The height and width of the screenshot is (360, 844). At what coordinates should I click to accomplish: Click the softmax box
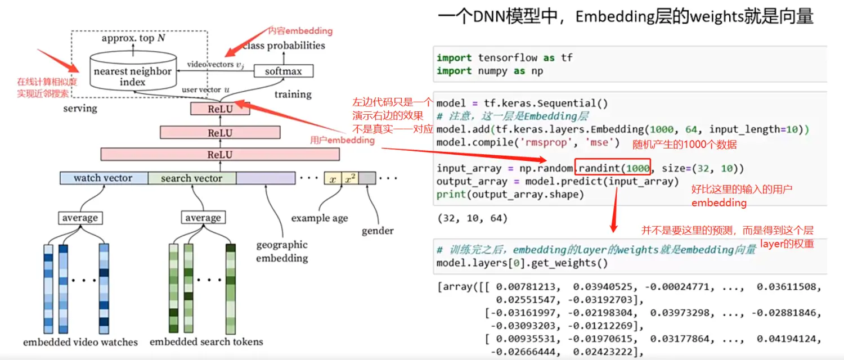(x=283, y=71)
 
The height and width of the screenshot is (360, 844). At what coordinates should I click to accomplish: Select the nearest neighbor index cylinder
(x=132, y=73)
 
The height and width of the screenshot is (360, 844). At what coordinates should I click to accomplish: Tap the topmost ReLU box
(x=219, y=109)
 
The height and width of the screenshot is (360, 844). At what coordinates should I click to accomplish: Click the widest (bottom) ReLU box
(x=220, y=154)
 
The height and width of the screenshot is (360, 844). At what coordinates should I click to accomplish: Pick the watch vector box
(x=104, y=178)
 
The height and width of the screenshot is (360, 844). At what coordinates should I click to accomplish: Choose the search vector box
(x=191, y=178)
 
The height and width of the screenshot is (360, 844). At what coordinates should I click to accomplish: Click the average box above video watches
(x=80, y=218)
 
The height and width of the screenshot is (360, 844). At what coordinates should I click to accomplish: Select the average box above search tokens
(x=203, y=218)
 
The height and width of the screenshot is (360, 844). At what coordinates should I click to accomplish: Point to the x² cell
(x=350, y=178)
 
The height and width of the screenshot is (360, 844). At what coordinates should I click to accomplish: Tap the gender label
(x=378, y=231)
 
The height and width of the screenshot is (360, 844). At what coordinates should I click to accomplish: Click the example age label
(x=320, y=218)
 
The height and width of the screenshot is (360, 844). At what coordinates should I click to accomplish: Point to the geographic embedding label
(x=282, y=251)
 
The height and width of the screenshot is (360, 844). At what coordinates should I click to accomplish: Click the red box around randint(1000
(x=612, y=168)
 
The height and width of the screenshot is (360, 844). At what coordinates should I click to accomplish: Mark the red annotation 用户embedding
(x=342, y=140)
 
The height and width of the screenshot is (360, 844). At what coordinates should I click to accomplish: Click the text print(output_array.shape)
(x=510, y=195)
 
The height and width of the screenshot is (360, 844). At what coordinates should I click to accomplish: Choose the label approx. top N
(x=133, y=38)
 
